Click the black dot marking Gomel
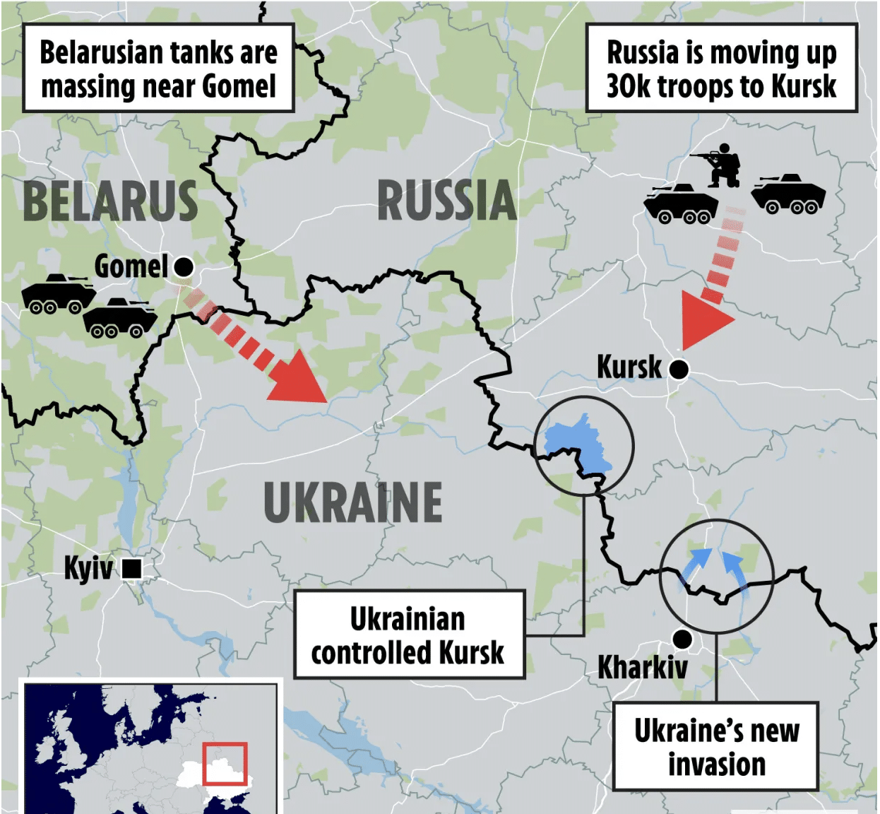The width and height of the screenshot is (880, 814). pyautogui.click(x=184, y=267)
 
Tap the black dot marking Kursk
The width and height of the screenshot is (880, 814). pyautogui.click(x=679, y=369)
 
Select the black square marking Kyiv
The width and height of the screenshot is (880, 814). pyautogui.click(x=132, y=568)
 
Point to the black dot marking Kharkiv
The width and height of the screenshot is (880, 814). pyautogui.click(x=682, y=639)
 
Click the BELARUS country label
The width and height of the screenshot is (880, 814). pyautogui.click(x=110, y=201)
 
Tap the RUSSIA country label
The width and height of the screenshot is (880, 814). pyautogui.click(x=447, y=201)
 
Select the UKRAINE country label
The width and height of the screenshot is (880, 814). pyautogui.click(x=353, y=502)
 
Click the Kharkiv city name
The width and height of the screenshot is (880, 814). pyautogui.click(x=642, y=668)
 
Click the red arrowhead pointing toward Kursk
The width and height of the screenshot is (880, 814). pyautogui.click(x=703, y=319)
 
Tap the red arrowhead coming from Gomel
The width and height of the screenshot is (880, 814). pyautogui.click(x=299, y=378)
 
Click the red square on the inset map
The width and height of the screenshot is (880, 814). pyautogui.click(x=225, y=763)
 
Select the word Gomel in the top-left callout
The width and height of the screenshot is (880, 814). pyautogui.click(x=238, y=86)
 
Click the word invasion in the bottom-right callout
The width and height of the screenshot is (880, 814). pyautogui.click(x=716, y=765)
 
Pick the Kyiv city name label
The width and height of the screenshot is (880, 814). pyautogui.click(x=88, y=568)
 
